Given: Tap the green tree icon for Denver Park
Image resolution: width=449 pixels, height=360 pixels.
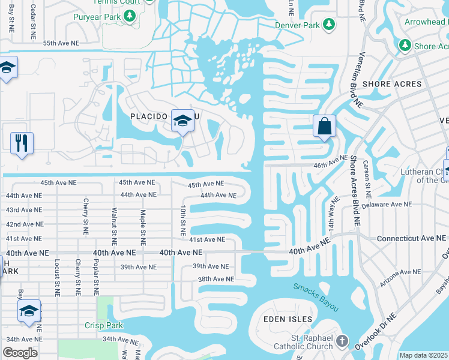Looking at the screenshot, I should tap(328, 25).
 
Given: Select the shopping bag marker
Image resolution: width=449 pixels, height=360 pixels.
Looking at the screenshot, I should tap(324, 127).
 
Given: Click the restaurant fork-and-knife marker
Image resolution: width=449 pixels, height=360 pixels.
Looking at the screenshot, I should tap(22, 143).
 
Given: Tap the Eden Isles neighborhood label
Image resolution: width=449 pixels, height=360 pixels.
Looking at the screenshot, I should tap(288, 319).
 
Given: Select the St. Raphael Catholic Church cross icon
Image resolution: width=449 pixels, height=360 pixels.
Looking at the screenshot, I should tap(342, 341).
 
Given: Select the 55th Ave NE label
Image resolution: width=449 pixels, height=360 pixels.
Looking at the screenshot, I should tap(61, 43).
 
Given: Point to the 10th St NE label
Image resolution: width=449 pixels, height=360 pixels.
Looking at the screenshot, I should tap(183, 220).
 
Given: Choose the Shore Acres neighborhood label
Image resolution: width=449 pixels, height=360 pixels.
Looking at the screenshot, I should tap(393, 84).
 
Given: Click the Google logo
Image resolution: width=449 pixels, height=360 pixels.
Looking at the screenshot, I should tap(20, 353).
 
